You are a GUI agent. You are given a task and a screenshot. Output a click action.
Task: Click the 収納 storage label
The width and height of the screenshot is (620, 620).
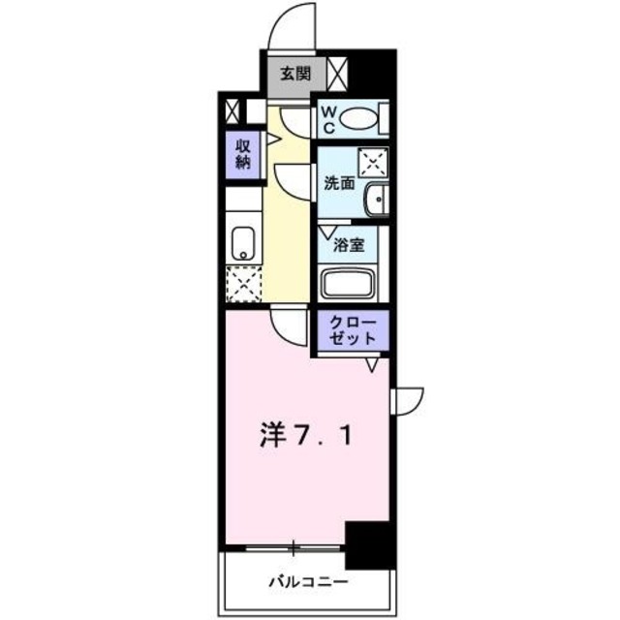(x=241, y=153)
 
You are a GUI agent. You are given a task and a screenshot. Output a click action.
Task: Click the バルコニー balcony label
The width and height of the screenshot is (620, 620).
(x=307, y=582)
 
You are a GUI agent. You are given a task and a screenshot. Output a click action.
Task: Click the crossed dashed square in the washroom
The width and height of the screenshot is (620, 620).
(x=372, y=161)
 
